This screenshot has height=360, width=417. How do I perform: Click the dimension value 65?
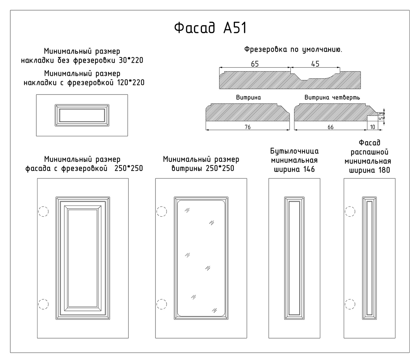coord(255,64)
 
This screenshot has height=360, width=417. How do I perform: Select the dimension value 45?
coord(315,64)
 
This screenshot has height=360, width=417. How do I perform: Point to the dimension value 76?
coord(248,127)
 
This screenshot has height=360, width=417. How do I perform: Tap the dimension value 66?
coord(330,127)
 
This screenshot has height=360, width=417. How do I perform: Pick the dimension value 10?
coord(372,127)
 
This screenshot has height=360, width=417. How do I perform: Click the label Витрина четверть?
coord(332,97)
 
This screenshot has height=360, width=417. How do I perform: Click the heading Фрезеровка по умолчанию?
coord(293,49)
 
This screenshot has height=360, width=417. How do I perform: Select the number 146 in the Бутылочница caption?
coord(309,169)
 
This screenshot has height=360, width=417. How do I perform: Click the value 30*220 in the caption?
coord(131,60)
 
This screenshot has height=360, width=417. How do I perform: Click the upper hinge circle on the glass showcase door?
coord(162,212)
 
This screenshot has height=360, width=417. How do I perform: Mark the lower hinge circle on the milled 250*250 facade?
coord(43,304)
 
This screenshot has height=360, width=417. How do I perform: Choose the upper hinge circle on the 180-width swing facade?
coord(350,212)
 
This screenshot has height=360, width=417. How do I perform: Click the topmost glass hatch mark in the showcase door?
coord(187,210)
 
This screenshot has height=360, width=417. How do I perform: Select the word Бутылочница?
coord(294,151)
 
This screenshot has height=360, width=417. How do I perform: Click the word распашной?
coord(369,152)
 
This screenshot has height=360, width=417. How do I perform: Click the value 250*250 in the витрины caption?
coord(220,168)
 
